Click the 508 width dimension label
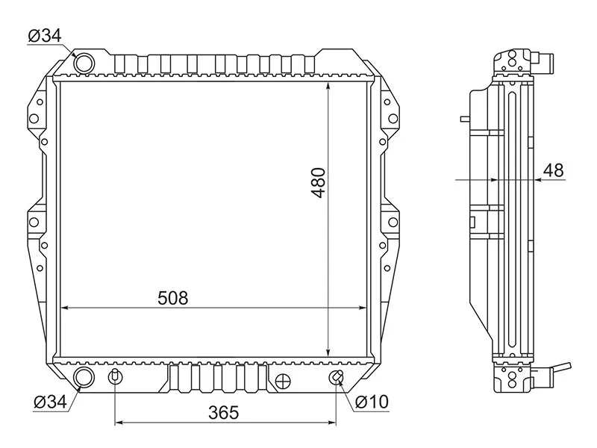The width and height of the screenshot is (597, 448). [x=173, y=298]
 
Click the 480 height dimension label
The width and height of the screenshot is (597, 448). [x=319, y=182]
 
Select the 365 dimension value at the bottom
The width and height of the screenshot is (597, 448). [x=224, y=413]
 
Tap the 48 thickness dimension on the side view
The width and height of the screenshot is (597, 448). [x=553, y=170]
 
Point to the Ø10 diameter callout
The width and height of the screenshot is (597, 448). [x=372, y=402]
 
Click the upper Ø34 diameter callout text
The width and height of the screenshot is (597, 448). [x=44, y=36]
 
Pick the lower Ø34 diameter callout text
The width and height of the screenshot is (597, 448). [x=50, y=402]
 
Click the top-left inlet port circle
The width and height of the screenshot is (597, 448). [x=84, y=63]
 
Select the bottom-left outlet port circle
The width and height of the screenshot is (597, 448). [x=84, y=377]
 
